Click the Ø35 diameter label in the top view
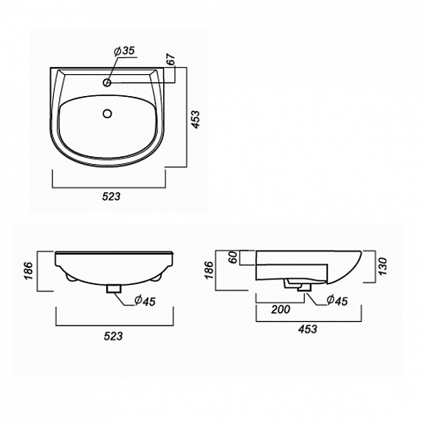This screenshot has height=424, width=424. [124, 51]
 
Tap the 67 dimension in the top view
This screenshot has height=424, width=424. [171, 59]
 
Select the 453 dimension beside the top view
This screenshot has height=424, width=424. [194, 119]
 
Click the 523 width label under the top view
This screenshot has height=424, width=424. [111, 196]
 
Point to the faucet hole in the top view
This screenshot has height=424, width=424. [107, 82]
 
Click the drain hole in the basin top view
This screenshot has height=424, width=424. [107, 113]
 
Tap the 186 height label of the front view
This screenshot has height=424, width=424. [28, 271]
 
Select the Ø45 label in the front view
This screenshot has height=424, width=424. [145, 301]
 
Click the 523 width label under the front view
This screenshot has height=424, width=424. [113, 336]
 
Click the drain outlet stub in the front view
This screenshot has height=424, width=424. [113, 289]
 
